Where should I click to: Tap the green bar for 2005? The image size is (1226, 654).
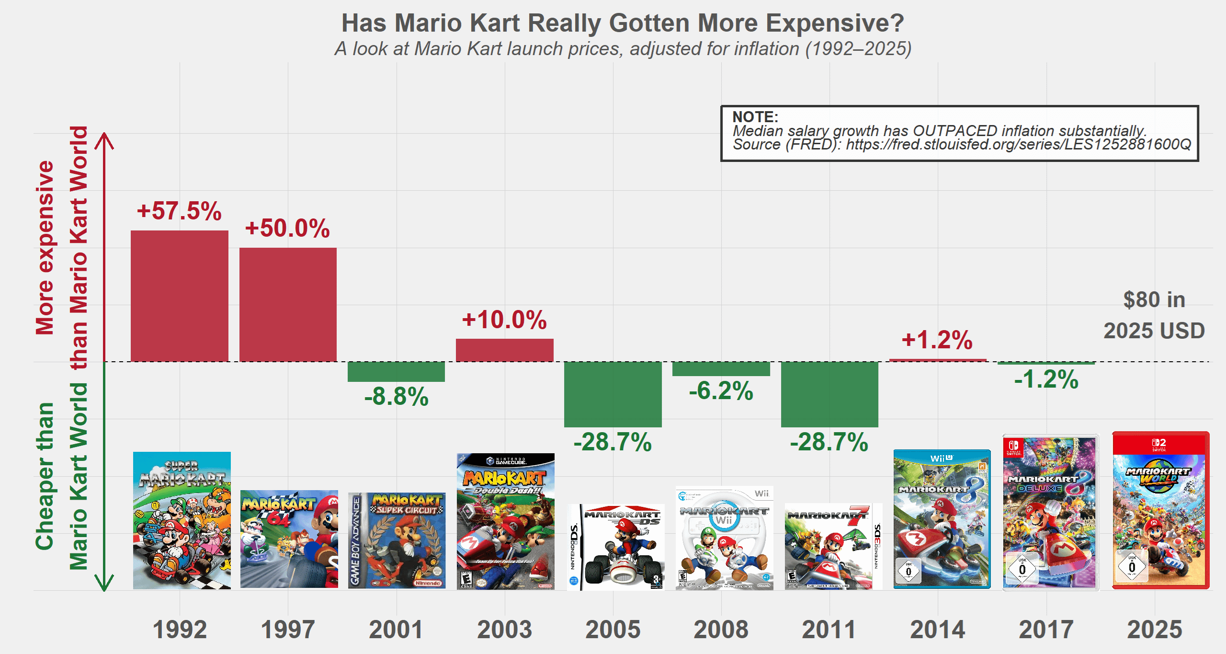tap(613, 394)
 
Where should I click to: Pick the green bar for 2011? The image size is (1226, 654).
tap(829, 394)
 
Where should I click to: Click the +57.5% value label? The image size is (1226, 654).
tap(179, 211)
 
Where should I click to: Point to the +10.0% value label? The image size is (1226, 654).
tap(504, 320)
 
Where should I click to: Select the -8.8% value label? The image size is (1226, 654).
tap(397, 397)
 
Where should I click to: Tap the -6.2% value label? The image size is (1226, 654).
tap(721, 391)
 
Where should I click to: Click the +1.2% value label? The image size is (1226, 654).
tap(937, 340)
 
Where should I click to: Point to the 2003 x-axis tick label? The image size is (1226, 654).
tap(504, 629)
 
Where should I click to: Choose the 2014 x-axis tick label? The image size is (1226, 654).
tap(937, 629)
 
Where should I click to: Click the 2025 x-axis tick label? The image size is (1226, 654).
tap(1155, 629)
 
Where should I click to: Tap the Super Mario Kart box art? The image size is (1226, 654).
tap(182, 520)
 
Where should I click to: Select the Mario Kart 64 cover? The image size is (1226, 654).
tap(289, 539)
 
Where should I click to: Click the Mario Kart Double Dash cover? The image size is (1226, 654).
tap(505, 521)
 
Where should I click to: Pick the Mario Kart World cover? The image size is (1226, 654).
tap(1160, 510)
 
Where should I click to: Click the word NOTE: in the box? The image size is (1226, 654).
tap(755, 117)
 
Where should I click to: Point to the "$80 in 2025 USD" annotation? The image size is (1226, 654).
tap(1154, 315)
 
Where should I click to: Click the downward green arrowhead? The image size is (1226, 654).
tap(104, 584)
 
